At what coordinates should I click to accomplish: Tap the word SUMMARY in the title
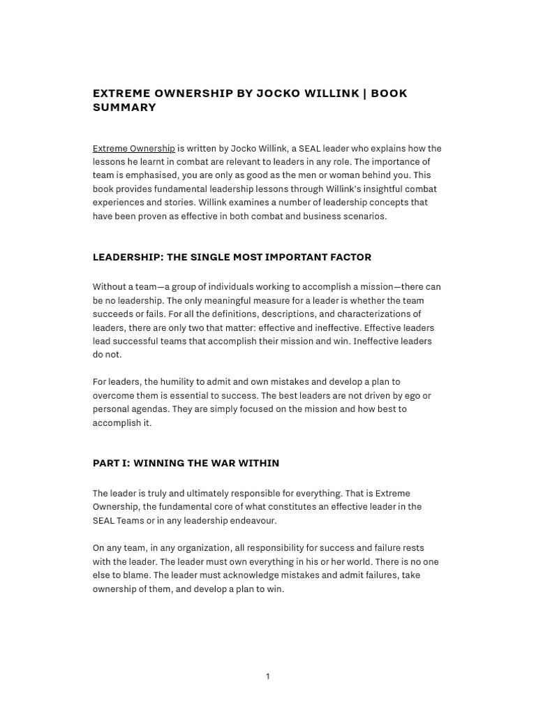click(x=124, y=108)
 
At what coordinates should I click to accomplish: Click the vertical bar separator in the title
click(x=364, y=94)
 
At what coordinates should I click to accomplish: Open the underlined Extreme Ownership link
click(x=134, y=149)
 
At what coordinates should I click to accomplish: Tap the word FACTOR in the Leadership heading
click(x=349, y=257)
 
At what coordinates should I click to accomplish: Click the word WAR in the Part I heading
click(x=216, y=463)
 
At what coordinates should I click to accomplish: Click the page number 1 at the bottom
click(x=267, y=677)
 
